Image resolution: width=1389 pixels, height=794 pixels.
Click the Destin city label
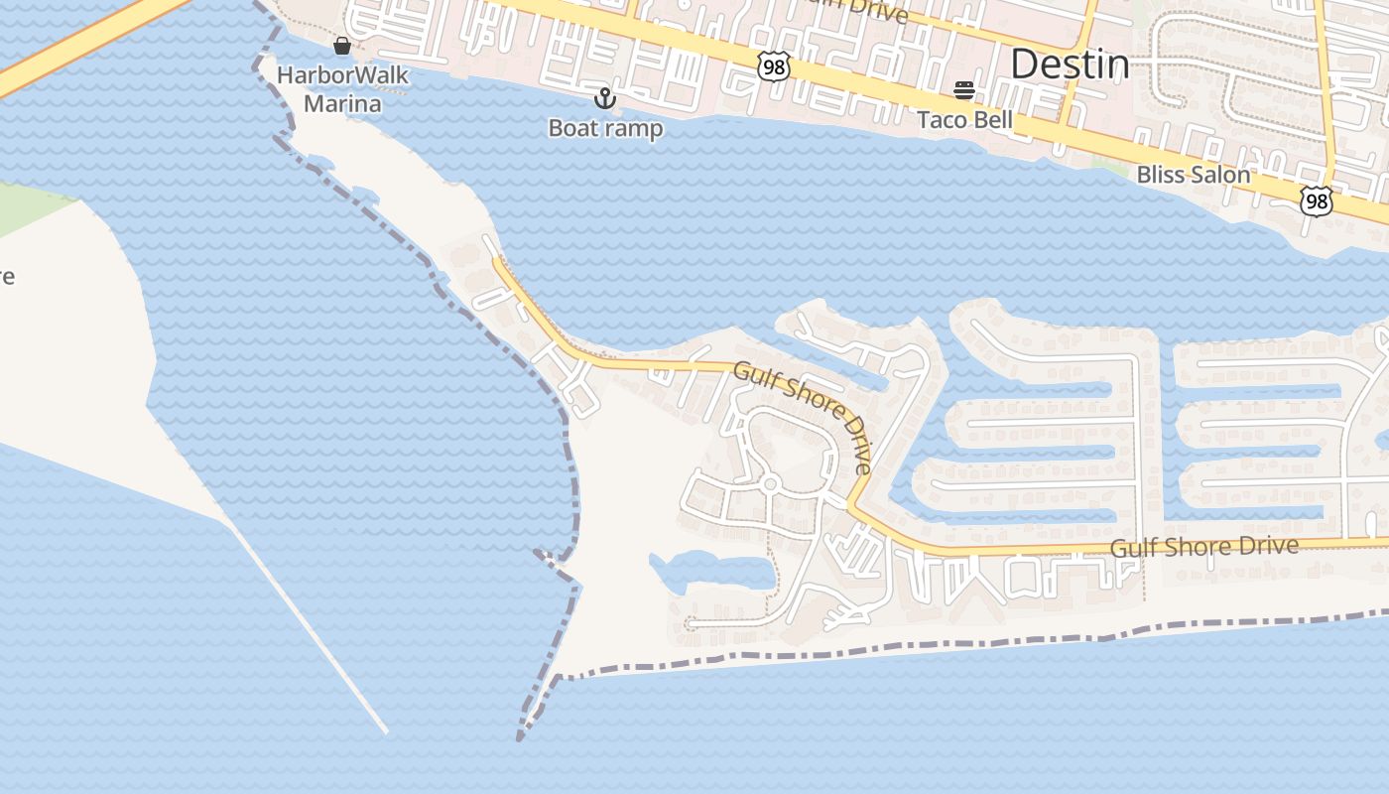pos(1069,65)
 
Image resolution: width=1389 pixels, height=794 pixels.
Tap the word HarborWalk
pos(342,75)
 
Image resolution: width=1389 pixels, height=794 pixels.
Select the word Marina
pos(342,103)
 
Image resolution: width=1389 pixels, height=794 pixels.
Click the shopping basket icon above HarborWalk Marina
pos(342,46)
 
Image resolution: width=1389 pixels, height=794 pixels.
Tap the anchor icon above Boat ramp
pos(604,98)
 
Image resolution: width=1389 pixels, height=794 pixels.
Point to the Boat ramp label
pos(605,128)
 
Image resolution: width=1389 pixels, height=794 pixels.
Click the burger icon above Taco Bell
pos(964,91)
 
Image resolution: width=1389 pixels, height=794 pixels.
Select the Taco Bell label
pos(964,120)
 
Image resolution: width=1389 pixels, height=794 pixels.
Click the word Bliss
pos(1163,175)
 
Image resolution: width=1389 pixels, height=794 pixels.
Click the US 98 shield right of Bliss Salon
pos(1316,201)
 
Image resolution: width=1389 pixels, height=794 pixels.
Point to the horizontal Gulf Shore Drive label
pos(1203,547)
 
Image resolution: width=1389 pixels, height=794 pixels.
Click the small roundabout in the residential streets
pos(770,484)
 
